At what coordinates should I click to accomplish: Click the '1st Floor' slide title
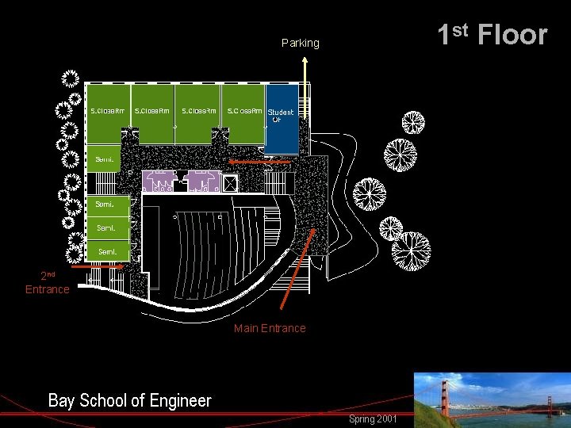coord(492,34)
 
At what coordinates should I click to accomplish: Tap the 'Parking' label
coord(300,43)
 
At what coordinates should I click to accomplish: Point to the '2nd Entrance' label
coord(48,283)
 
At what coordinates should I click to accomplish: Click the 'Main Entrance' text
coord(270,328)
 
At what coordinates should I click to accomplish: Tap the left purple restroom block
coord(158,182)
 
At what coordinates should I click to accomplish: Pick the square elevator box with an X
coord(230,183)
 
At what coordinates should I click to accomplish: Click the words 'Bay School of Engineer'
coord(129,400)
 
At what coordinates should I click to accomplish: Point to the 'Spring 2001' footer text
coord(373,418)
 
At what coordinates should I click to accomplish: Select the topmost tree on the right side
coord(412,123)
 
